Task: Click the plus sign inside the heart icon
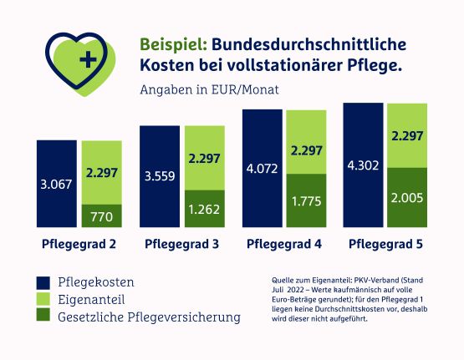[x=88, y=59]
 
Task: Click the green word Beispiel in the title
[x=173, y=45]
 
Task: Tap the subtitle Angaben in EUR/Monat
[x=210, y=90]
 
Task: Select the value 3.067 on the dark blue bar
[x=56, y=185]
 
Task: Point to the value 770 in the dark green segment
[x=102, y=217]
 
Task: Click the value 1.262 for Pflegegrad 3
[x=204, y=210]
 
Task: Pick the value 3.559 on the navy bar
[x=160, y=176]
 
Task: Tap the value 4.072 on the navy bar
[x=263, y=169]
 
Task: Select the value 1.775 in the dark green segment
[x=307, y=201]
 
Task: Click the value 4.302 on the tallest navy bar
[x=363, y=165]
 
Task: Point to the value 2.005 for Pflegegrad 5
[x=407, y=198]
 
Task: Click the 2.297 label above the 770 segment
[x=102, y=173]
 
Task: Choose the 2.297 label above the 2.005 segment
[x=407, y=136]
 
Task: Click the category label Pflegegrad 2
[x=79, y=245]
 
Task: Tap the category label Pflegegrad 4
[x=284, y=245]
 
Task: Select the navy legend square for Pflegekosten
[x=43, y=282]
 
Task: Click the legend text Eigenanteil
[x=91, y=300]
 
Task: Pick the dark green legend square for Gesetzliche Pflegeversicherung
[x=43, y=315]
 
